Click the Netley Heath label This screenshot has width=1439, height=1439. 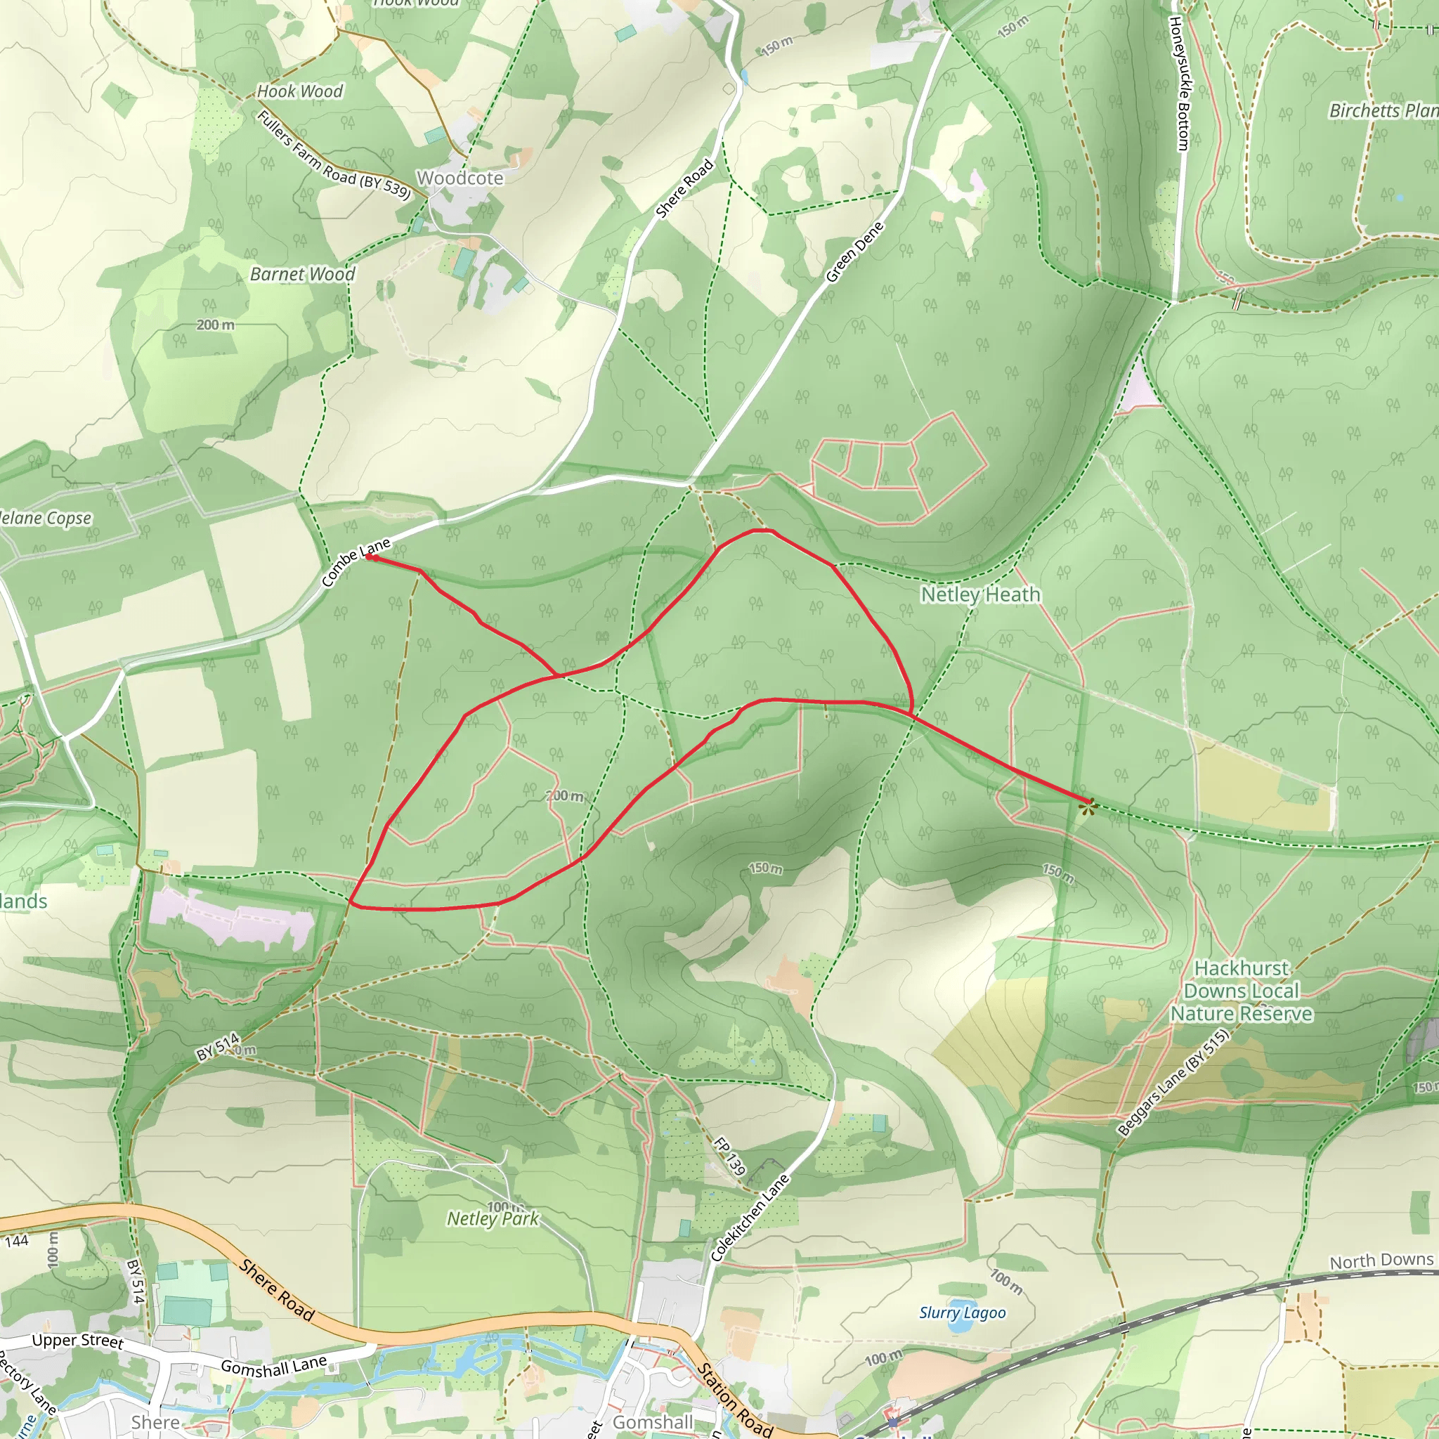980,594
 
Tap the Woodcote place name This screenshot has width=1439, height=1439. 460,178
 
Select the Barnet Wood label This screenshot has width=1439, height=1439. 302,274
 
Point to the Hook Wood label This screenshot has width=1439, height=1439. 299,91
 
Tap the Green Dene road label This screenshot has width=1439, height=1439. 854,252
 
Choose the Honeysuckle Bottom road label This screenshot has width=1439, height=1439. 1178,84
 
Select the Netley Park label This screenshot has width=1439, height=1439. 493,1218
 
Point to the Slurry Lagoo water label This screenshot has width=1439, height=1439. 963,1313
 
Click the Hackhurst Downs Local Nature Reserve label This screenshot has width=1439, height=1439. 1241,991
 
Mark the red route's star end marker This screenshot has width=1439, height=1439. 1088,805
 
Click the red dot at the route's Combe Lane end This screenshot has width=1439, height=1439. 369,556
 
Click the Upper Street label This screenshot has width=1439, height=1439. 77,1341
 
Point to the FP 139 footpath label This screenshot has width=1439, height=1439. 729,1156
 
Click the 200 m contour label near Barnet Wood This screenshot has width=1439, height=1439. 215,325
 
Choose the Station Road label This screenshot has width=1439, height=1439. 734,1400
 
